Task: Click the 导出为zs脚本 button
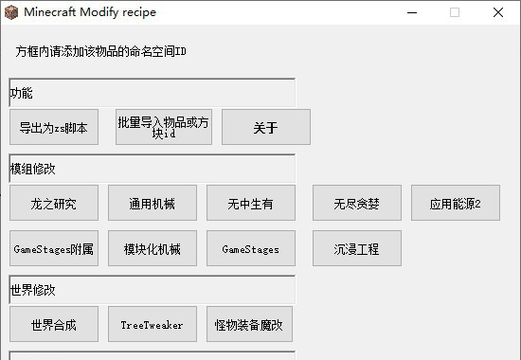[54, 127]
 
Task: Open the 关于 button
[266, 127]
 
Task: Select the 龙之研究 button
[54, 203]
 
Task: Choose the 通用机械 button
[153, 203]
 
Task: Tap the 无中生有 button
[251, 203]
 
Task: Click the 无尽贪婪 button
[357, 203]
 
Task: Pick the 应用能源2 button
[456, 203]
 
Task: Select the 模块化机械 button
[153, 249]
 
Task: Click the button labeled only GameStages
[251, 249]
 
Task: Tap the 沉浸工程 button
[357, 249]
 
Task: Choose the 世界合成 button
[54, 325]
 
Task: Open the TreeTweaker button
[153, 325]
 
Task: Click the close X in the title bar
[498, 12]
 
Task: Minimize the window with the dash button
[411, 12]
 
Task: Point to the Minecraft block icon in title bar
[11, 11]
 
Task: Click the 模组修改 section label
[33, 170]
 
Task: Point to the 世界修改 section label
[33, 290]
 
